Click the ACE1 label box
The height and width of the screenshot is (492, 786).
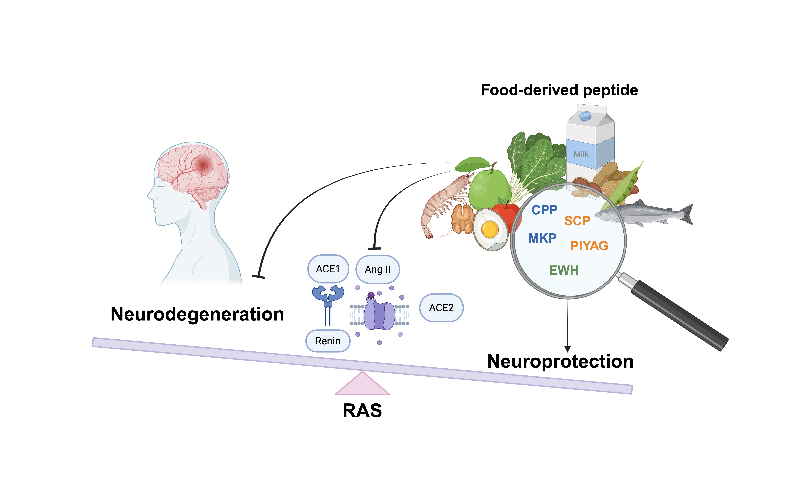(x=328, y=269)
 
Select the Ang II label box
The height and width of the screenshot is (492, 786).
(x=377, y=269)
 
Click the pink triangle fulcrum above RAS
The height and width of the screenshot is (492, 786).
(x=362, y=386)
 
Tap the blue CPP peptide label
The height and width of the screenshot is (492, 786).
(x=544, y=210)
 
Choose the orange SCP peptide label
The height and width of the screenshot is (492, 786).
(x=577, y=221)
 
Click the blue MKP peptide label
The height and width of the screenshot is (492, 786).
(x=542, y=238)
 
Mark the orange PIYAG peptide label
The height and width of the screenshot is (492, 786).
(x=589, y=246)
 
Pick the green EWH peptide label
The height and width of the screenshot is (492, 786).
(x=564, y=270)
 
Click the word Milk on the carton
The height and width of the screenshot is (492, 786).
(x=581, y=154)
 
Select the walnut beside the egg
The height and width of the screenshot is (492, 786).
(x=462, y=219)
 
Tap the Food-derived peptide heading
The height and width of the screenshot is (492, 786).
(x=559, y=90)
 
